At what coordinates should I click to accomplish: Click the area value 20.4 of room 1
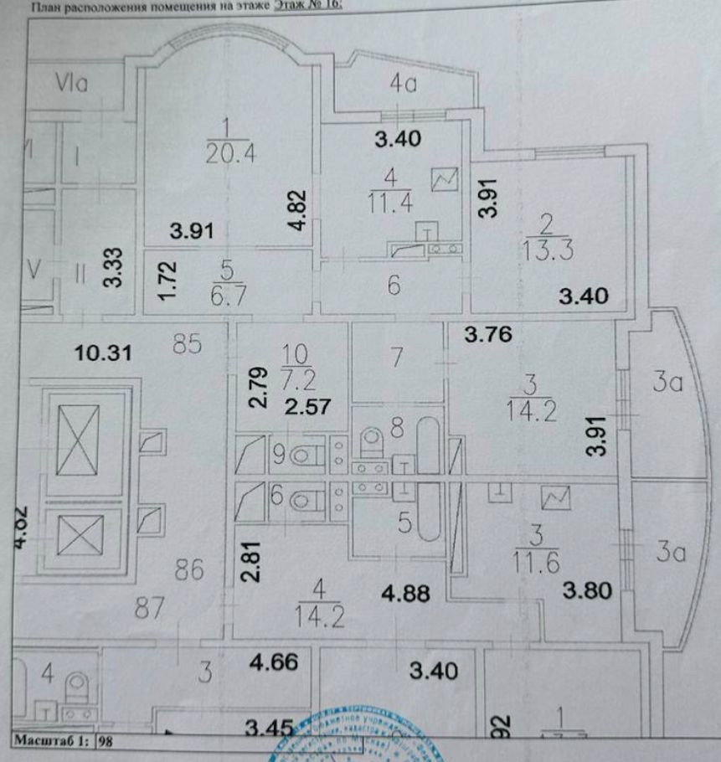pos(221,152)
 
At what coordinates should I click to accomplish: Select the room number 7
pos(397,357)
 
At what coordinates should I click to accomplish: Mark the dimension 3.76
pos(488,336)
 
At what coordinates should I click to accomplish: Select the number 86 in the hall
pos(189,573)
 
